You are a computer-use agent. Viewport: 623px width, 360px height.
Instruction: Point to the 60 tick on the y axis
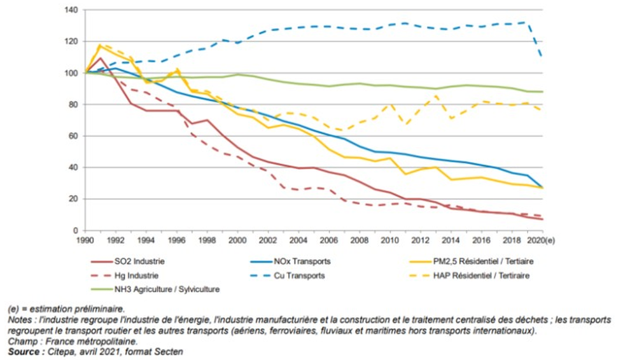click(x=72, y=135)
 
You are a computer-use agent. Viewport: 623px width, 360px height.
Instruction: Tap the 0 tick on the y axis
click(x=74, y=230)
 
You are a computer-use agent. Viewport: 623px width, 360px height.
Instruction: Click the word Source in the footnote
click(x=22, y=351)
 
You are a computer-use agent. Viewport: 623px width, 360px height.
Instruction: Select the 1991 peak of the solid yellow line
click(x=100, y=46)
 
